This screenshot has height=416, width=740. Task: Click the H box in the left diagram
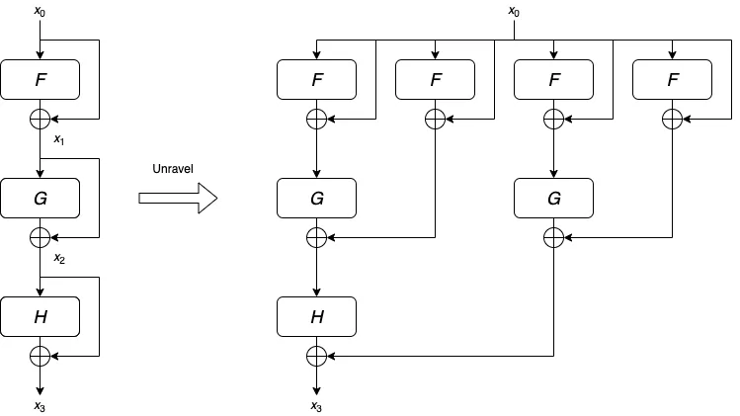coord(41,316)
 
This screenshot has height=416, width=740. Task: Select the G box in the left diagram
coord(41,198)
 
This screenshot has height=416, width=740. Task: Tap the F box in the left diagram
coord(41,79)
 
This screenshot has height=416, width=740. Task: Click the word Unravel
coord(173,169)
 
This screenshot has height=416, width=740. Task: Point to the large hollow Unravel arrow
coord(178,198)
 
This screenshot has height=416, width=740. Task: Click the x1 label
coord(59,139)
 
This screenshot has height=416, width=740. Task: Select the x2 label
coord(59,258)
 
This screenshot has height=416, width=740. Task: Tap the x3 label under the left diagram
coord(40,405)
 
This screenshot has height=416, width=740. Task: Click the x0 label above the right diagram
coord(514,11)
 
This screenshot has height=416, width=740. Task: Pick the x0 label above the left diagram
coord(40,11)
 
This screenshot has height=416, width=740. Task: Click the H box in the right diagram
coord(317,316)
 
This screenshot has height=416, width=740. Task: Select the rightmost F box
coord(672,79)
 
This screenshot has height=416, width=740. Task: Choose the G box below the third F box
coord(553,198)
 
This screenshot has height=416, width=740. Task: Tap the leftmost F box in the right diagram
coord(317,79)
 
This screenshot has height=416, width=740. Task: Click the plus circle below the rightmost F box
coord(672,119)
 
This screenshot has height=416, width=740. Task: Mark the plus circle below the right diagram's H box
coord(317,356)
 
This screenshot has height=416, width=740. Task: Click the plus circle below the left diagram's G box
coord(41,237)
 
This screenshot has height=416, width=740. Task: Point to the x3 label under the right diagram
coord(316,405)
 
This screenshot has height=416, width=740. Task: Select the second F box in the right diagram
coord(435,79)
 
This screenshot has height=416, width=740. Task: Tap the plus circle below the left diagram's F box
coord(41,119)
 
